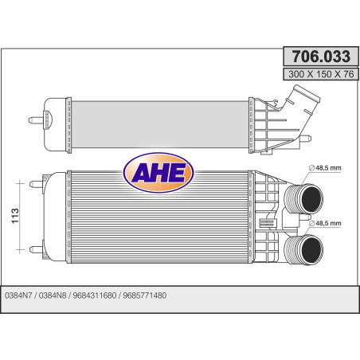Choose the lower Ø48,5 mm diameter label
(324, 223)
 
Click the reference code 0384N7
(19, 293)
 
